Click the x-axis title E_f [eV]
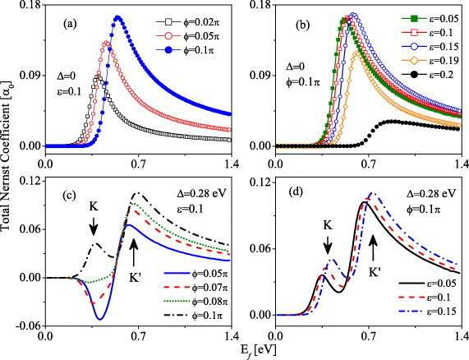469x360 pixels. pyautogui.click(x=251, y=352)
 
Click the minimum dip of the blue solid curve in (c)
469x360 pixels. pyautogui.click(x=100, y=319)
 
